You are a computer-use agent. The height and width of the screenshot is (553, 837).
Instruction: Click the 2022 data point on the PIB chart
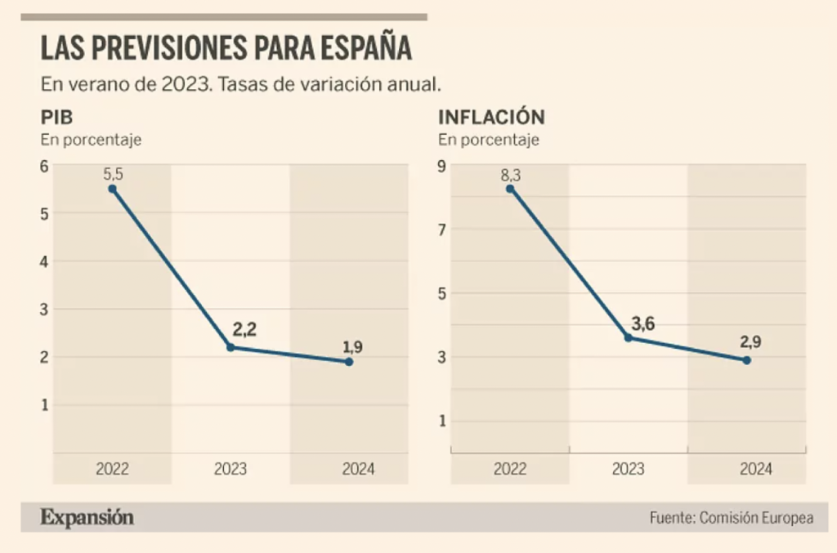(112, 189)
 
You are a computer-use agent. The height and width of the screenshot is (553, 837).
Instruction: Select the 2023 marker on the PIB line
(231, 347)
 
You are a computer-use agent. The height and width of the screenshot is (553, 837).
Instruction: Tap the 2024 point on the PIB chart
(349, 361)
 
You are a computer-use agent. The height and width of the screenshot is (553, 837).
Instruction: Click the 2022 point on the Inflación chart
(510, 189)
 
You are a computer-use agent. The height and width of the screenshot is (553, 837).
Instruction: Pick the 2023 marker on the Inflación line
(628, 337)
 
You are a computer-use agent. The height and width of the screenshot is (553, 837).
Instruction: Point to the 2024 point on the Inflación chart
(747, 360)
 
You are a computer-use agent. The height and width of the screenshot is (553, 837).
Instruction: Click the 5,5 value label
(112, 174)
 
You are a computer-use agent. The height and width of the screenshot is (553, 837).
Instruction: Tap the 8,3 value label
(510, 174)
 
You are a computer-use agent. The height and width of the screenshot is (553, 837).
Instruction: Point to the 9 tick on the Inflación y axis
(442, 166)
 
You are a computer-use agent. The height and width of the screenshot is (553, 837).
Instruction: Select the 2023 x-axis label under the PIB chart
(231, 470)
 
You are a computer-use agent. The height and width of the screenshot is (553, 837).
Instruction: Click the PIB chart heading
(57, 118)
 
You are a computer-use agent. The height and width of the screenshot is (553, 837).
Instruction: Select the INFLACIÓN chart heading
(491, 118)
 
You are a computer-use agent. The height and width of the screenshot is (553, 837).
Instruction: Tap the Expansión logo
(87, 517)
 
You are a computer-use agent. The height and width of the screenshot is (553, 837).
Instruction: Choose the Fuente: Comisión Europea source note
(731, 518)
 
